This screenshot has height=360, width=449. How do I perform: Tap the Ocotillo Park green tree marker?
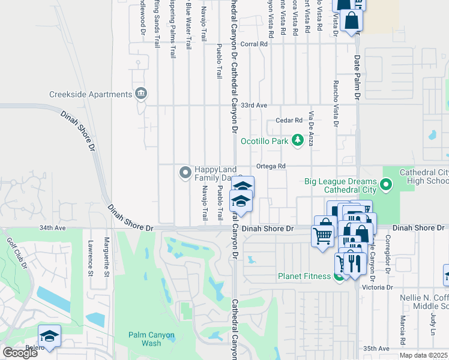pyautogui.click(x=297, y=141)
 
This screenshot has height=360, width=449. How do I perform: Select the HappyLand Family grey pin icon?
pyautogui.click(x=185, y=173)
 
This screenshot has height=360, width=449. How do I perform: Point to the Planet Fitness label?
pyautogui.click(x=304, y=277)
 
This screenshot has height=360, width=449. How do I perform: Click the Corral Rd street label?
pyautogui.click(x=254, y=44)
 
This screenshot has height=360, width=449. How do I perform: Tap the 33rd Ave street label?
pyautogui.click(x=253, y=105)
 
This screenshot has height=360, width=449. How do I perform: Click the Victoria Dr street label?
pyautogui.click(x=378, y=287)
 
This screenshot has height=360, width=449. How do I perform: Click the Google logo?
pyautogui.click(x=20, y=353)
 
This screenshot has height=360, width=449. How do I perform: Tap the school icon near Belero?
pyautogui.click(x=50, y=336)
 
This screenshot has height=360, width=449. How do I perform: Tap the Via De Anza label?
pyautogui.click(x=311, y=129)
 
